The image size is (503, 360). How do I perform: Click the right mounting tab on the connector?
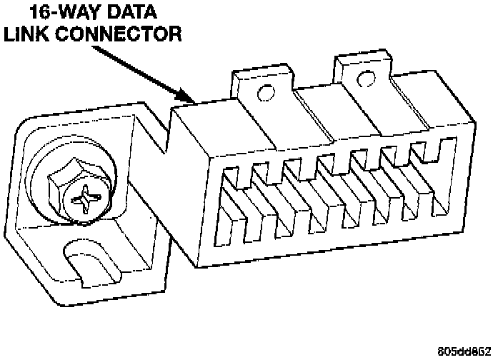pos(362,72)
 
